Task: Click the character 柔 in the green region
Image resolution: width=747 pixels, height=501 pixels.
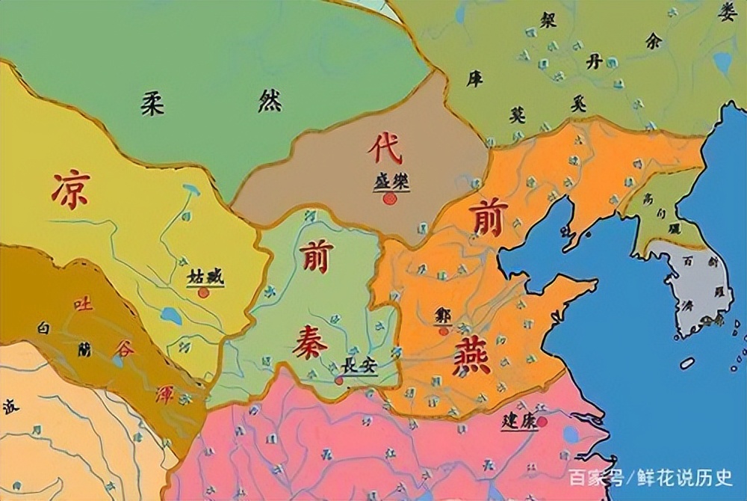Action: point(152,104)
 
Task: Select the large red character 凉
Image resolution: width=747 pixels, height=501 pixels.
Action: point(71,189)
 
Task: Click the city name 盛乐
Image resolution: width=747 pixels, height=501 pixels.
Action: point(391,182)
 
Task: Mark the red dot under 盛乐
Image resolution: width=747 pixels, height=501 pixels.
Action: point(389,199)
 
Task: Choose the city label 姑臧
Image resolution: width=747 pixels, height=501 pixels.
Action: point(205,277)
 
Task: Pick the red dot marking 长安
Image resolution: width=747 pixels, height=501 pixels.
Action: point(338,381)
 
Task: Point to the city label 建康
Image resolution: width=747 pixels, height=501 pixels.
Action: point(518,420)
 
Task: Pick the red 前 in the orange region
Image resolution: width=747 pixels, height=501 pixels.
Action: point(489,217)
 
